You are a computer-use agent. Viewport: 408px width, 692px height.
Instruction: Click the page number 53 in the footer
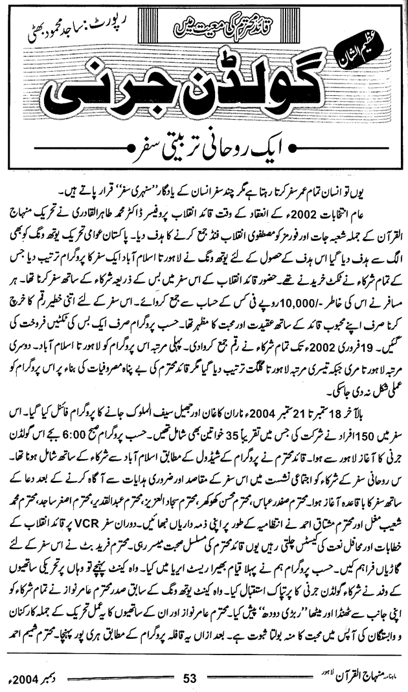[x=190, y=678]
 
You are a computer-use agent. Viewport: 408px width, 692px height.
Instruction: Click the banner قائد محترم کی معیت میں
[x=221, y=27]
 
